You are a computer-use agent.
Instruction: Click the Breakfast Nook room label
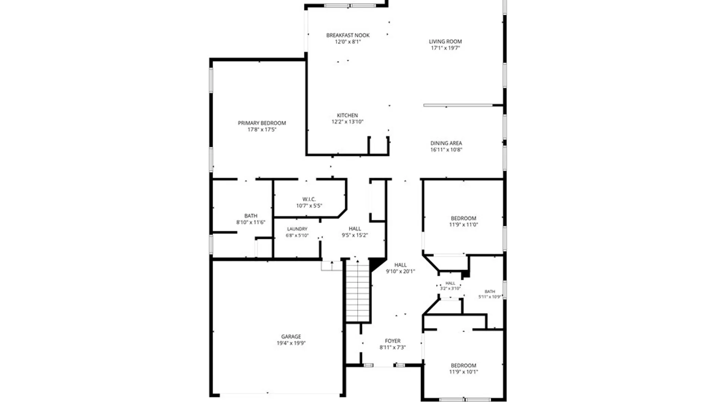point(348,35)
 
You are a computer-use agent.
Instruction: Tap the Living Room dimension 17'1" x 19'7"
point(445,48)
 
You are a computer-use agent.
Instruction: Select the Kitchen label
point(347,115)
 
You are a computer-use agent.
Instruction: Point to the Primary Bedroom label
point(262,123)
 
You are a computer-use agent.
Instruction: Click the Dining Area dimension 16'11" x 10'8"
point(446,150)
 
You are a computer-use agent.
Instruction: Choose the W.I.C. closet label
point(309,199)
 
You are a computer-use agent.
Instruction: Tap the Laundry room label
point(297,229)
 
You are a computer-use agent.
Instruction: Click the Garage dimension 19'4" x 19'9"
point(291,343)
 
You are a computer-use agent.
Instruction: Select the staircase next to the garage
point(358,291)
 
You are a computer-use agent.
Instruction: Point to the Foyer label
point(393,341)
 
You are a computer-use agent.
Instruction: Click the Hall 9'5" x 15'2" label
point(355,232)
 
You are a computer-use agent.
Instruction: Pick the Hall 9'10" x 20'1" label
point(400,268)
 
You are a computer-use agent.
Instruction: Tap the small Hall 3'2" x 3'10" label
point(450,286)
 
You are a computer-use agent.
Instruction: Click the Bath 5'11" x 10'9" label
point(490,294)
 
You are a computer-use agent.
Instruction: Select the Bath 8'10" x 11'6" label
point(251,219)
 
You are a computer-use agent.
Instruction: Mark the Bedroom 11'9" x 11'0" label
point(463,221)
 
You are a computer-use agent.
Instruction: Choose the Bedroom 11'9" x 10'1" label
point(463,368)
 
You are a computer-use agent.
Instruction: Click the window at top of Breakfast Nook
point(350,6)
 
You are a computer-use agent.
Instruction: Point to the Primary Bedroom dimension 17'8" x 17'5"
point(262,130)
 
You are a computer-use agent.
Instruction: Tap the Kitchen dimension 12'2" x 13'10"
point(347,122)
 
